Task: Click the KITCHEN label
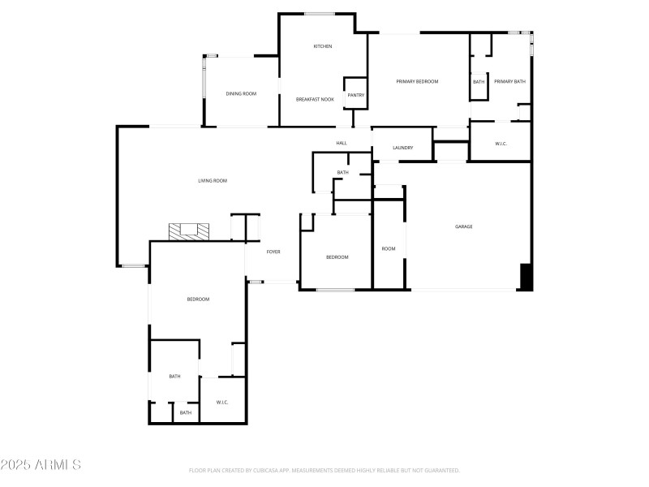pyautogui.click(x=323, y=46)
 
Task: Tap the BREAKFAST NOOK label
pyautogui.click(x=315, y=99)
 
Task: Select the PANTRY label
pyautogui.click(x=355, y=95)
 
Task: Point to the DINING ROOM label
pyautogui.click(x=241, y=94)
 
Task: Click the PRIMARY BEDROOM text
pyautogui.click(x=417, y=81)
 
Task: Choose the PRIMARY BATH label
pyautogui.click(x=509, y=81)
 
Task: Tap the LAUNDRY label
pyautogui.click(x=403, y=148)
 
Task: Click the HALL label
pyautogui.click(x=342, y=144)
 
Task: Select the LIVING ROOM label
pyautogui.click(x=213, y=180)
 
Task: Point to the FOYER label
pyautogui.click(x=274, y=252)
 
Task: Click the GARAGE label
pyautogui.click(x=463, y=226)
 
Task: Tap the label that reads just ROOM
pyautogui.click(x=389, y=248)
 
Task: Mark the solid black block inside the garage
pyautogui.click(x=526, y=277)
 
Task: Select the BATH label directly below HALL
pyautogui.click(x=343, y=172)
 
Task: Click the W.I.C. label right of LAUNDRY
pyautogui.click(x=501, y=144)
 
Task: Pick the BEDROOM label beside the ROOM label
pyautogui.click(x=337, y=257)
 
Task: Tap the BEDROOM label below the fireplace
pyautogui.click(x=198, y=300)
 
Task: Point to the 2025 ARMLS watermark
pyautogui.click(x=41, y=465)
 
